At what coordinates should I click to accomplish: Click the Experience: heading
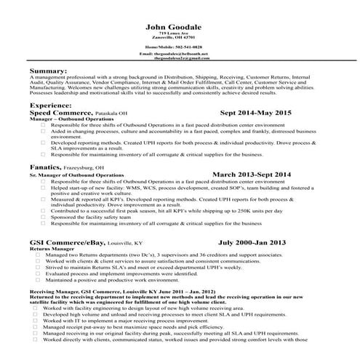(51, 105)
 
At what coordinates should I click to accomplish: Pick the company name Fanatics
(45, 167)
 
